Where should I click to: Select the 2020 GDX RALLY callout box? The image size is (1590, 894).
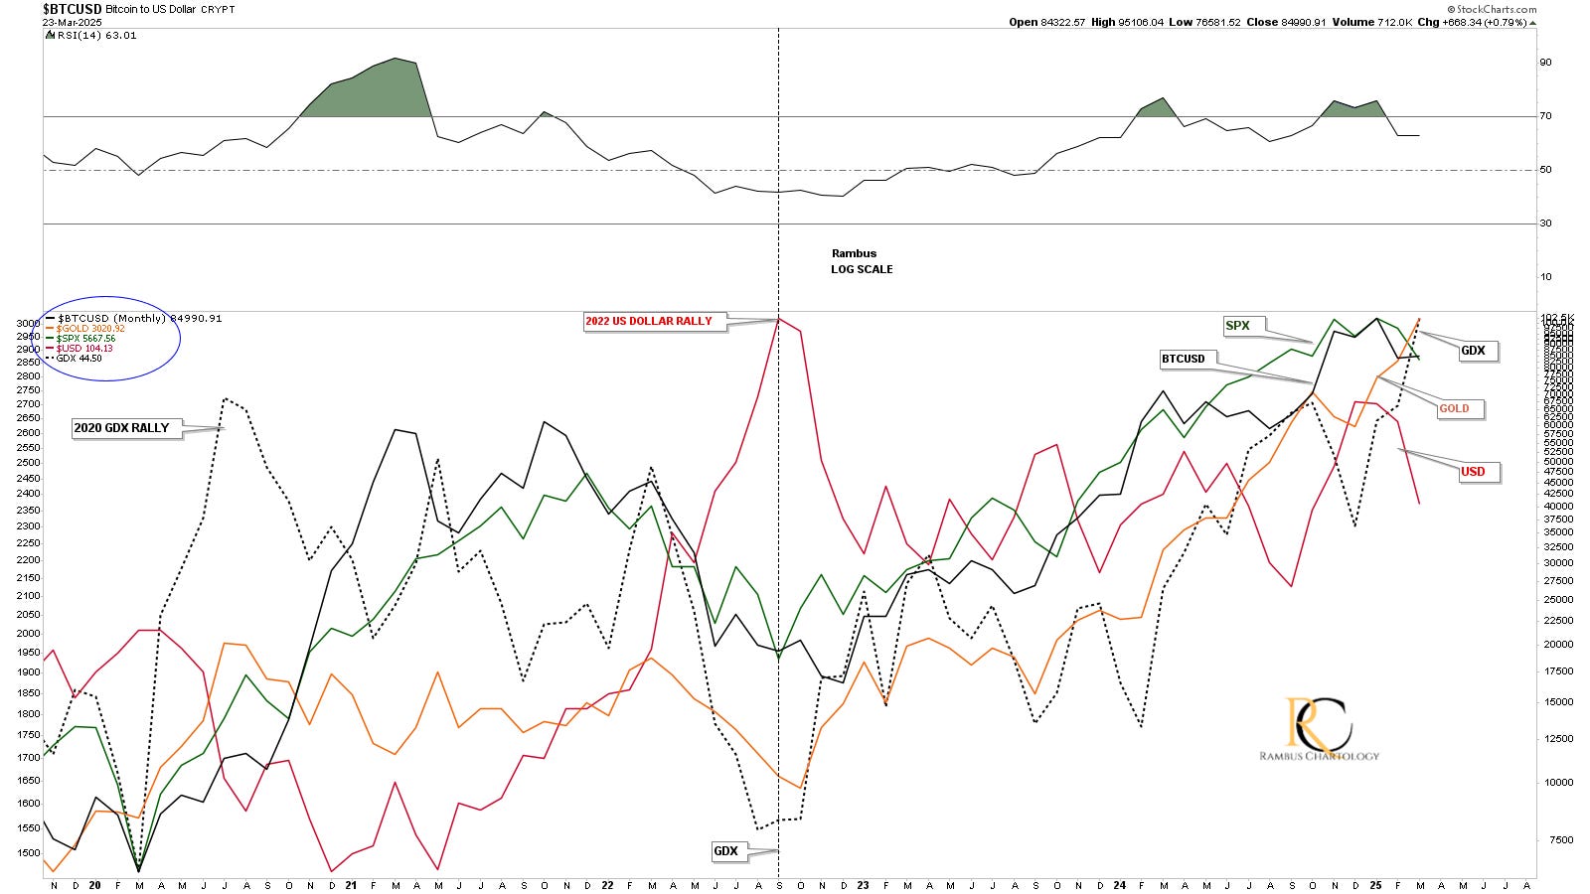point(122,428)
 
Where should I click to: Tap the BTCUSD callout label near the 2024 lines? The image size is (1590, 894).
point(1184,359)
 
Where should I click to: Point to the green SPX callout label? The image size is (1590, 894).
point(1237,326)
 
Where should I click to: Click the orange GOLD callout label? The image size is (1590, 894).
point(1454,408)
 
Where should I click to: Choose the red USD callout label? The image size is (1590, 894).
point(1472,472)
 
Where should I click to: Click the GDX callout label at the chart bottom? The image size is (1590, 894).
point(726,851)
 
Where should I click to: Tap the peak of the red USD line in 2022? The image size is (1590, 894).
point(778,319)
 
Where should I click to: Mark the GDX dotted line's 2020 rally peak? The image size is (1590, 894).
point(226,399)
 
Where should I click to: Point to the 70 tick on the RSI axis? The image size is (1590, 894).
point(1545,116)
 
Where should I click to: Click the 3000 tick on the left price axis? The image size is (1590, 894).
point(27,324)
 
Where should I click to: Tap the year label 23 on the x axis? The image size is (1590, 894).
point(864,884)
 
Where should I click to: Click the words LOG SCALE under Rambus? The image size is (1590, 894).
point(862,269)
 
